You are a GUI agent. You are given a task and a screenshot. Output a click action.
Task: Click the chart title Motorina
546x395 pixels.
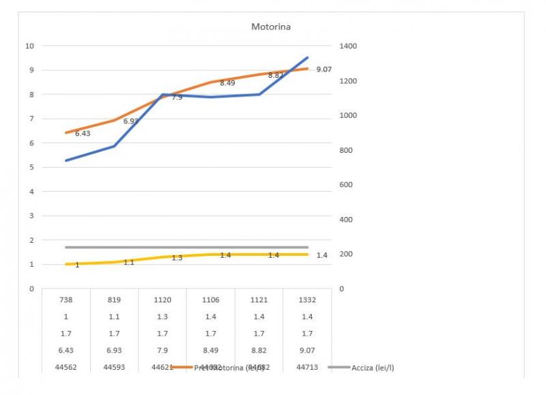271,27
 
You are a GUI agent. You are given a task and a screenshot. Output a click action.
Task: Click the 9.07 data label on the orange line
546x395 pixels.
324,70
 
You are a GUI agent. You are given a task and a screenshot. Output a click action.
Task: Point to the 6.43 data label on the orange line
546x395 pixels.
83,134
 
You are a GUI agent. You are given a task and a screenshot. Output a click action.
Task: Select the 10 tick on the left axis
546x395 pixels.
29,46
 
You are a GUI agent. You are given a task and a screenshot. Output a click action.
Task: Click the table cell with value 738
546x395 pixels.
66,299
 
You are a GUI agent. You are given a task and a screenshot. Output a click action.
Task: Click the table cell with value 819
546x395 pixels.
114,299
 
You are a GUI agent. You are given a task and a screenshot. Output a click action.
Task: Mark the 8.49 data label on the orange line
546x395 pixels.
227,83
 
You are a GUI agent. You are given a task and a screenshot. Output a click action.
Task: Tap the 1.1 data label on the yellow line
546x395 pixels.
128,262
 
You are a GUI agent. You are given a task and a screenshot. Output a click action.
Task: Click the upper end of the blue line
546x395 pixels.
307,57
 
